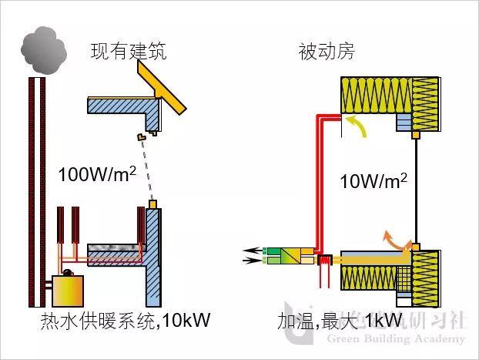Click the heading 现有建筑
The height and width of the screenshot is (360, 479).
[x=128, y=52]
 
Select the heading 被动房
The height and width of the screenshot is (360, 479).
[x=326, y=52]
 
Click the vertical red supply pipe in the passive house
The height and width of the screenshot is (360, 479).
[x=317, y=185]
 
